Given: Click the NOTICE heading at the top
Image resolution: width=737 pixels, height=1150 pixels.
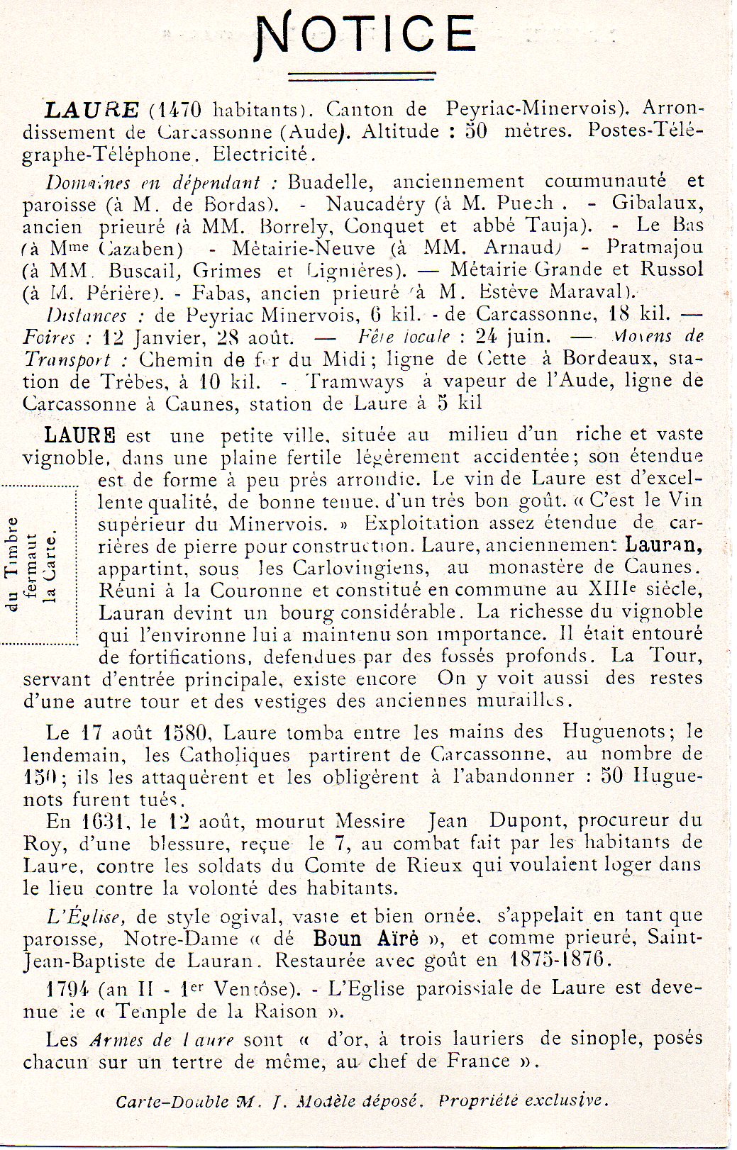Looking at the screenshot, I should [x=365, y=35].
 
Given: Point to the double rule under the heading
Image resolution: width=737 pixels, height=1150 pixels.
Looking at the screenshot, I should [x=361, y=75].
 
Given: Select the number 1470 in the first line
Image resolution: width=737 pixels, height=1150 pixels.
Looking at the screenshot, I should [x=176, y=110].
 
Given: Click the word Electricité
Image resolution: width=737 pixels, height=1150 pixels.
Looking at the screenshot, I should [x=260, y=154].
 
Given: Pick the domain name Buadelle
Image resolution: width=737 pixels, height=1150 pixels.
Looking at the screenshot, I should [x=328, y=182].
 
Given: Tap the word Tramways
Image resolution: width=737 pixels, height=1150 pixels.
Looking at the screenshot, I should [x=355, y=381].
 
